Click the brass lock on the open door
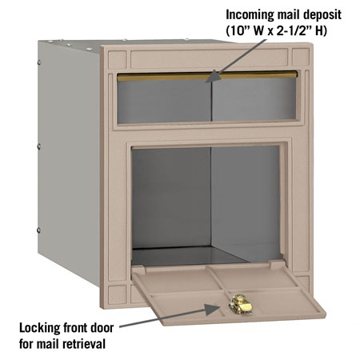[241, 304]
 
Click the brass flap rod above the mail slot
[207, 76]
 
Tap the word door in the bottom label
[102, 327]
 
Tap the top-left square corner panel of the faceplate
[117, 59]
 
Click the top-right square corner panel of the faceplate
[301, 57]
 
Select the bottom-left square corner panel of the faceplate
[117, 294]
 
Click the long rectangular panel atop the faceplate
[210, 58]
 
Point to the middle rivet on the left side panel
[39, 146]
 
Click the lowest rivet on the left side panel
[38, 230]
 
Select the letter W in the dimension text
[258, 31]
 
